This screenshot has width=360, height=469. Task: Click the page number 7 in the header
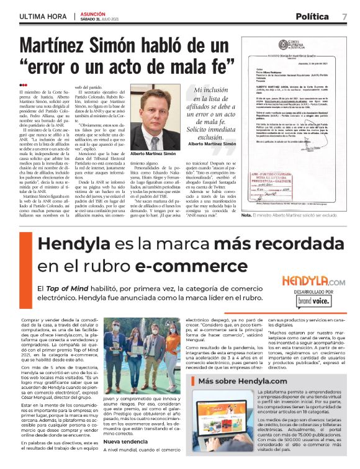tap(344, 16)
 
